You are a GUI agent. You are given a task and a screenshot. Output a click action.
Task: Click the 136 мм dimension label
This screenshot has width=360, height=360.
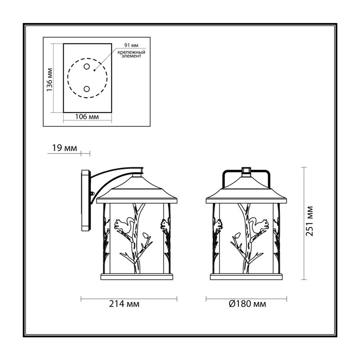(49, 80)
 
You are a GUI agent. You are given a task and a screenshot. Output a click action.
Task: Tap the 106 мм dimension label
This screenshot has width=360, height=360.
(87, 117)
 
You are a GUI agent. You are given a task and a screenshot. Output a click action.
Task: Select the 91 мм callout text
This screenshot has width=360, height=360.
(131, 45)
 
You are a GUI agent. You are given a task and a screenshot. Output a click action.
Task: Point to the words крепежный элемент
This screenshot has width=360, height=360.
(131, 54)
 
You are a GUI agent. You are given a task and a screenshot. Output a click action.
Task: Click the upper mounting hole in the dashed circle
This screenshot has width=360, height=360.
(86, 67)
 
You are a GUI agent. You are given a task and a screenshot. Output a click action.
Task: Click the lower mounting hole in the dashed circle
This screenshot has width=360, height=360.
(86, 89)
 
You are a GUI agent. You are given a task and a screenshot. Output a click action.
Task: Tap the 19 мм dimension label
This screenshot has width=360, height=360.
(64, 148)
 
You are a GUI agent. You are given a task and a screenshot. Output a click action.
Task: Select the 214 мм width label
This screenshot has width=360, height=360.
(124, 304)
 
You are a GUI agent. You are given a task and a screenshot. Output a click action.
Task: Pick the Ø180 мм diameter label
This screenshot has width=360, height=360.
(247, 304)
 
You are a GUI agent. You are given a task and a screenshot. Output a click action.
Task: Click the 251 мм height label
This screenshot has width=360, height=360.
(310, 221)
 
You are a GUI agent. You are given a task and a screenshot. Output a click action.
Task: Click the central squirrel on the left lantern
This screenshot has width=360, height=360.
(122, 225)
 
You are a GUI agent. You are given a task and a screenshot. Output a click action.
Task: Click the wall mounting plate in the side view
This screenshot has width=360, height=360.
(85, 200)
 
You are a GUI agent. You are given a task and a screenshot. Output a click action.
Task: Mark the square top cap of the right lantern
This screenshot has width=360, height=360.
(246, 170)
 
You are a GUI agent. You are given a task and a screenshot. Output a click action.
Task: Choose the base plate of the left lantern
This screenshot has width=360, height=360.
(137, 277)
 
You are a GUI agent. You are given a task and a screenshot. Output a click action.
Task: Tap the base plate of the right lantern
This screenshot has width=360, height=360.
(246, 277)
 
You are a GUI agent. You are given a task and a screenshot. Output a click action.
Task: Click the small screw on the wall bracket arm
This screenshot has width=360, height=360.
(93, 193)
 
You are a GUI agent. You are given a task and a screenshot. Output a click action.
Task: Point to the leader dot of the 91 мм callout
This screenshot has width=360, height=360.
(94, 70)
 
